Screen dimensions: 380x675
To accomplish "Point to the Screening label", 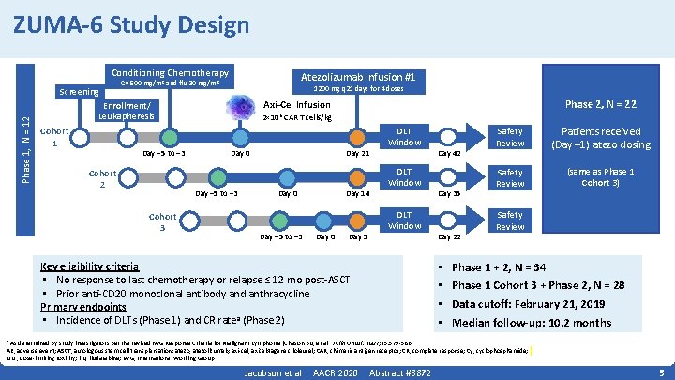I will click(78, 92).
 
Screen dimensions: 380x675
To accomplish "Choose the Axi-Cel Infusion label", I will click(297, 105).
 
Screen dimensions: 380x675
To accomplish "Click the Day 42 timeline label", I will click(449, 153).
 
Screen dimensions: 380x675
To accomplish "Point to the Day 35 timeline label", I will click(449, 193).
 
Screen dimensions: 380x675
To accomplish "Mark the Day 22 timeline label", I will click(449, 236).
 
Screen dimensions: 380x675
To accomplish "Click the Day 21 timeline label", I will click(358, 153).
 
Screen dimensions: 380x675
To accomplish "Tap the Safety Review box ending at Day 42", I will click(510, 137).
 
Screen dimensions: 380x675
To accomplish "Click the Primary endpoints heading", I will click(83, 307).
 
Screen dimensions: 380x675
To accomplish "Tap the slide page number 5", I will click(661, 372).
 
